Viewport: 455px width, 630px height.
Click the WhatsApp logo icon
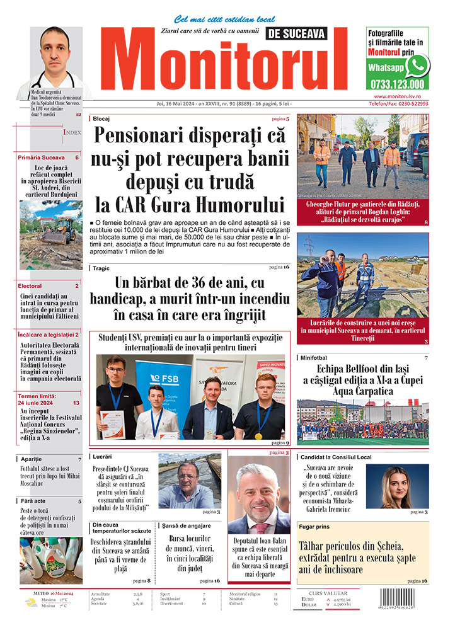click(x=417, y=65)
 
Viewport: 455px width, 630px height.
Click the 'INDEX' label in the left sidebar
click(x=71, y=132)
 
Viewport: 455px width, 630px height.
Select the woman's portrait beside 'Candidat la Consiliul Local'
click(x=397, y=486)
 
